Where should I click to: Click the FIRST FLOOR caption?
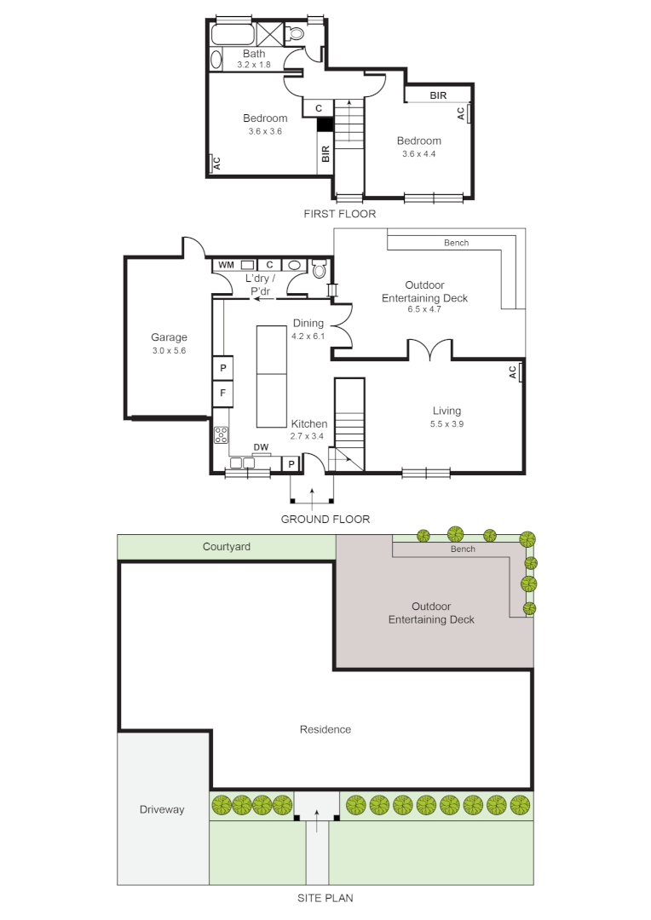tap(339, 214)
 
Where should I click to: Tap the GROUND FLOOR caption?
tap(325, 519)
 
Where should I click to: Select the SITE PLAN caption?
tap(325, 897)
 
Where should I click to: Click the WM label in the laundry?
tap(225, 265)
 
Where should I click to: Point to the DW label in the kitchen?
tap(261, 447)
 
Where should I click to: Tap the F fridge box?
tap(222, 393)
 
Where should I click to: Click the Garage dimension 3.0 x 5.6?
tap(169, 350)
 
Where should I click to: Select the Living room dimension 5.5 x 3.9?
tap(446, 423)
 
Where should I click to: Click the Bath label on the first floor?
tap(253, 54)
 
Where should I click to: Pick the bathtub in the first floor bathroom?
tap(233, 34)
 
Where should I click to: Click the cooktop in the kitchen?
tap(222, 435)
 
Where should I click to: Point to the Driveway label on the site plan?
tap(162, 809)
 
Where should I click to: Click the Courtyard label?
tap(227, 547)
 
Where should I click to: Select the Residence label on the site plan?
tap(325, 729)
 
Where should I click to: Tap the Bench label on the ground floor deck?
tap(456, 243)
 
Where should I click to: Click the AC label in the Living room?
tap(512, 372)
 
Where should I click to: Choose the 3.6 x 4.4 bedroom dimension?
tap(418, 154)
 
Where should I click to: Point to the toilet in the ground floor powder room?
tap(320, 270)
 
